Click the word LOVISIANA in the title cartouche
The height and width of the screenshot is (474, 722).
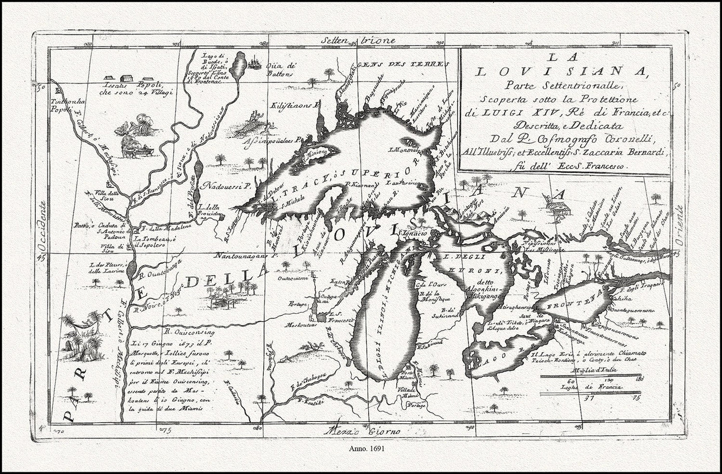coord(560,71)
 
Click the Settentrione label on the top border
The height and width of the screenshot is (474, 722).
coord(359,40)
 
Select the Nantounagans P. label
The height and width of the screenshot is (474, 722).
coord(246,255)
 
